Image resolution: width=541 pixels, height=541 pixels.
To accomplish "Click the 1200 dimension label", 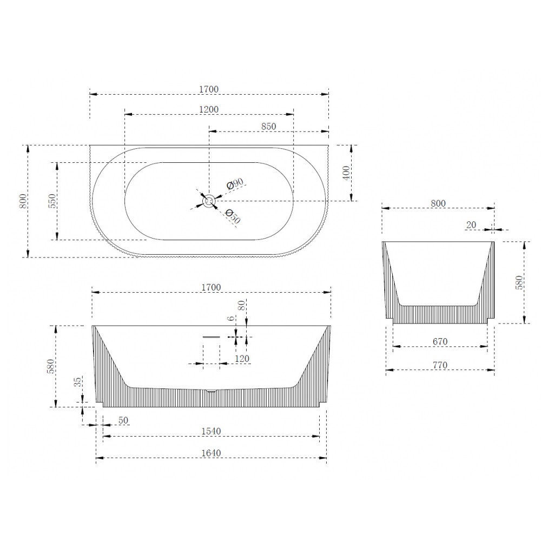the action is (209, 109).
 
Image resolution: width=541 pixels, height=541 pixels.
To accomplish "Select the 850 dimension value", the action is (268, 126).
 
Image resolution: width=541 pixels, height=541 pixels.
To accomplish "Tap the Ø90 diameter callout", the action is (235, 183).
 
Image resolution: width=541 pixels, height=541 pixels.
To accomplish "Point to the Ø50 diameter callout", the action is (233, 216).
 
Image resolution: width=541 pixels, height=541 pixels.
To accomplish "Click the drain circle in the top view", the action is (209, 201).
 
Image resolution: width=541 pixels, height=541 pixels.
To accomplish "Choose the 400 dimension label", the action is (346, 173).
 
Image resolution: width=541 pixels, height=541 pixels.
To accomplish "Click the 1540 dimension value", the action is (211, 431).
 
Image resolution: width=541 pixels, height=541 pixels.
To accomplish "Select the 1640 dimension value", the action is (211, 453).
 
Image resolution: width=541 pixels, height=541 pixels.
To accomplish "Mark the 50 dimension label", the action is (123, 420).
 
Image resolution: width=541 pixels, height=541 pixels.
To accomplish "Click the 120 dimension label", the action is (242, 359).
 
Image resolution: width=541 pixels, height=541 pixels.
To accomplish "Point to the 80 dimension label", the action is (241, 305).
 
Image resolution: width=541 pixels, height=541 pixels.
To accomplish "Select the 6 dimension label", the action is (231, 318).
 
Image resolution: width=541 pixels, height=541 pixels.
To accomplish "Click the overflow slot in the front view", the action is (211, 337).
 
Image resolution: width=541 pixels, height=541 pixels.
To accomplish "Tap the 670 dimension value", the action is (440, 341).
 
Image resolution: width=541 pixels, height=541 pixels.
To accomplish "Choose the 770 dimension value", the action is (440, 365).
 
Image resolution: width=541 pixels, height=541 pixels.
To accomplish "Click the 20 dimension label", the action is (471, 225).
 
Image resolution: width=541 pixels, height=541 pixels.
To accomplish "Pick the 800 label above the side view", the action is (438, 203).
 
